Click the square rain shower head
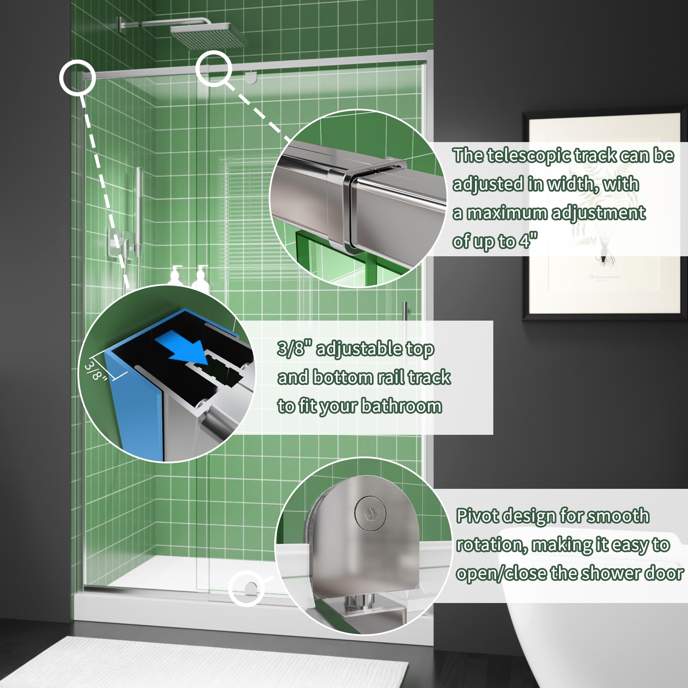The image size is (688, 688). click(209, 36)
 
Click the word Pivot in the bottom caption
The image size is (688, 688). click(477, 516)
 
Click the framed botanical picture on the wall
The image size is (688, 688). click(604, 216)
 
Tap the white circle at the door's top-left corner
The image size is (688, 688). click(77, 77)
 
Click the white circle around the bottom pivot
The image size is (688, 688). click(245, 588)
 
